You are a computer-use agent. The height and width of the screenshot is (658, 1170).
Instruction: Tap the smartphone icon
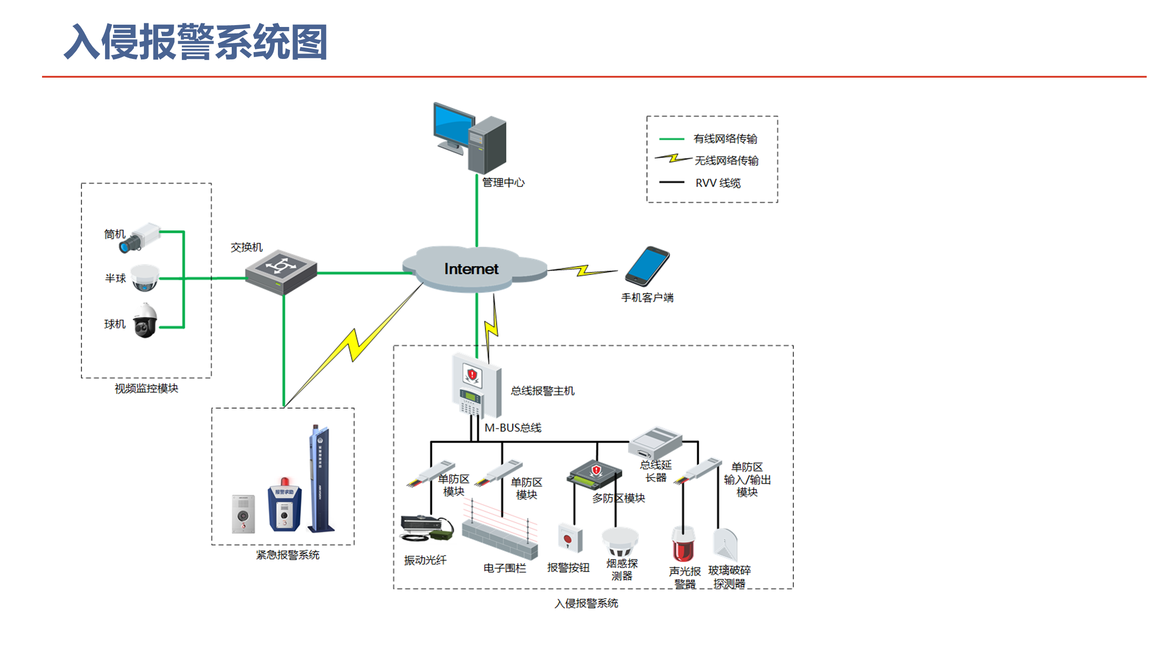pos(647,266)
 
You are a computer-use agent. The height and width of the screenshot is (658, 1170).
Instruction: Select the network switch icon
pos(281,272)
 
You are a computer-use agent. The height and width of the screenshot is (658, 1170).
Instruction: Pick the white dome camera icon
pos(145,277)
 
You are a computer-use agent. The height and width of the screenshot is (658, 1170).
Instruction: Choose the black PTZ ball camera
pos(145,321)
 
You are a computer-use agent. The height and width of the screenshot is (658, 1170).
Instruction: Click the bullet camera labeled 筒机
pos(140,237)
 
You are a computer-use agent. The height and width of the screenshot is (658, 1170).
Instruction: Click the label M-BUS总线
pos(513,428)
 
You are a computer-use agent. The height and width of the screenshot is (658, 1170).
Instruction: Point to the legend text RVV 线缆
pos(718,183)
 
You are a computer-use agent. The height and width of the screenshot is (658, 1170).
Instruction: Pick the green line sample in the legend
pos(671,138)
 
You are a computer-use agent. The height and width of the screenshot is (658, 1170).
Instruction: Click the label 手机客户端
pos(647,298)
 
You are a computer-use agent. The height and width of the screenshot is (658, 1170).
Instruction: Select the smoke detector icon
pos(620,541)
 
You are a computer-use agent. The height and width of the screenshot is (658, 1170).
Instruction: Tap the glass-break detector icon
pos(725,545)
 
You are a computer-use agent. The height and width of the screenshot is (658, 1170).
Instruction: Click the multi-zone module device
pos(594,475)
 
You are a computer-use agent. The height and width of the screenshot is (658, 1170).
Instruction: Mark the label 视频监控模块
pos(146,388)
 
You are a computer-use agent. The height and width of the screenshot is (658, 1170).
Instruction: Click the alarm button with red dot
pos(570,539)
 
